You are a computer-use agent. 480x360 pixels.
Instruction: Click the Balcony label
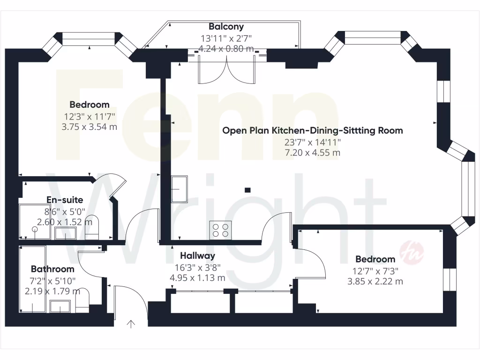226,27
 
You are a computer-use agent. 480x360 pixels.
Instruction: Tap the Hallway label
197,255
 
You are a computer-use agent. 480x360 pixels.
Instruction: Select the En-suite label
65,200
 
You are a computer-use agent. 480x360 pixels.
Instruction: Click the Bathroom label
52,269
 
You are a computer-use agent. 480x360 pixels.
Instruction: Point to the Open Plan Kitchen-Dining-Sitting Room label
312,131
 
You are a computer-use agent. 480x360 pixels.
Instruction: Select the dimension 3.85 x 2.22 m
375,281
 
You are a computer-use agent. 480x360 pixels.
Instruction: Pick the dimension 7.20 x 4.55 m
312,153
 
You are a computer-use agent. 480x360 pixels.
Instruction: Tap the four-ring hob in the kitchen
220,230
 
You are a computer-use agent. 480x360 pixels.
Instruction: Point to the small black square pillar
247,190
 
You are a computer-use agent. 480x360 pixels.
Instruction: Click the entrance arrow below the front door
131,323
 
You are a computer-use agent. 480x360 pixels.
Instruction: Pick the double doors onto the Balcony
226,68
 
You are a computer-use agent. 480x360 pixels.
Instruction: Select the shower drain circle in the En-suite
34,230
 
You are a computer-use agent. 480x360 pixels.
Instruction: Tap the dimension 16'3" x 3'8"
197,267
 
